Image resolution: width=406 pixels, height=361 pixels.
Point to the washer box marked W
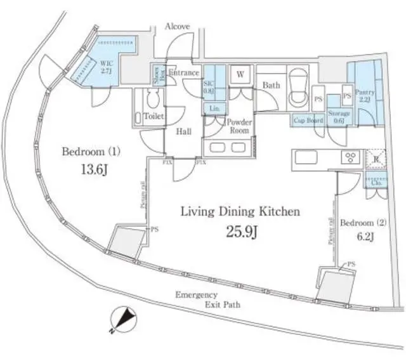point(240,74)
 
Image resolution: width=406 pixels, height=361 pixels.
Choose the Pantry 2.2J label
point(365,96)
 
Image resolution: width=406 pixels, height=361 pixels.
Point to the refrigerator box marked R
point(374,158)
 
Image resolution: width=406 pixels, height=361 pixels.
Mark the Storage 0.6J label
point(337,118)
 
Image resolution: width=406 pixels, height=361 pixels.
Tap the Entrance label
point(185,74)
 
